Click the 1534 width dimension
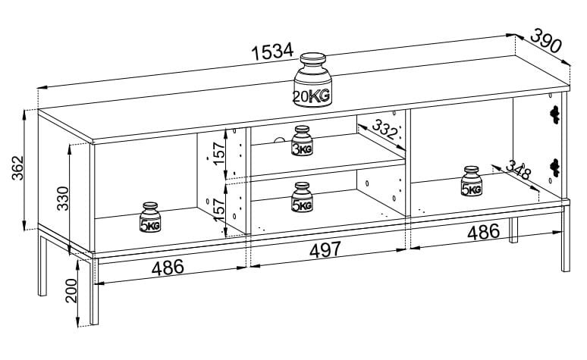[x=272, y=51]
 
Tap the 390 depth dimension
[x=545, y=41]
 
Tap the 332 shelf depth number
[x=385, y=130]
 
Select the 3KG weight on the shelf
[x=302, y=141]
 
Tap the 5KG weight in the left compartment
[x=149, y=218]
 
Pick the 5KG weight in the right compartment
[x=472, y=182]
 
